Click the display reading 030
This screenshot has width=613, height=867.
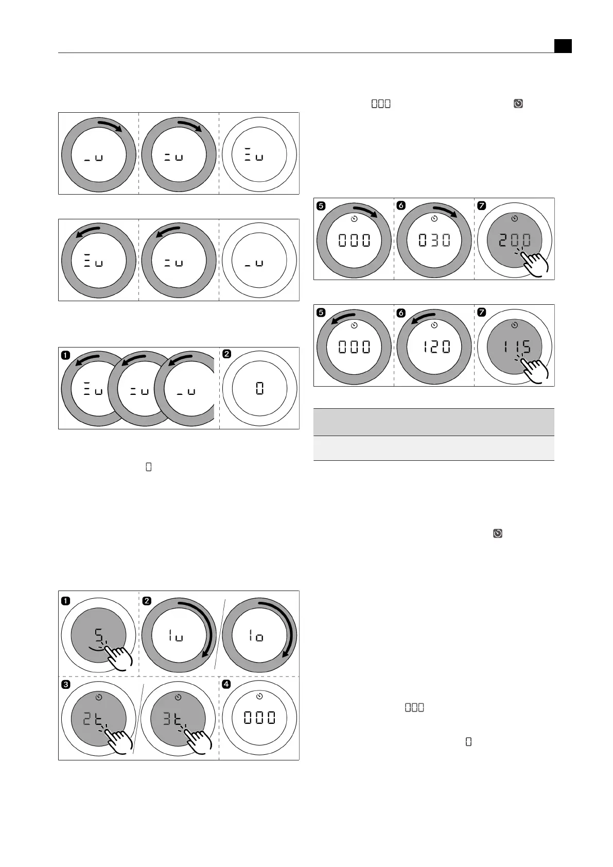point(434,240)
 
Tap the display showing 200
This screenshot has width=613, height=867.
point(515,240)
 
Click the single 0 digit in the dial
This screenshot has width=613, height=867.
point(260,388)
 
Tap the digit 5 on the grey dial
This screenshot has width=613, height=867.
point(99,635)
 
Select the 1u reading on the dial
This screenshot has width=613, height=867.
point(176,635)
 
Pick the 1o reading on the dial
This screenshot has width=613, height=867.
point(256,635)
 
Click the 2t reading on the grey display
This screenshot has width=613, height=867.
point(93,718)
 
